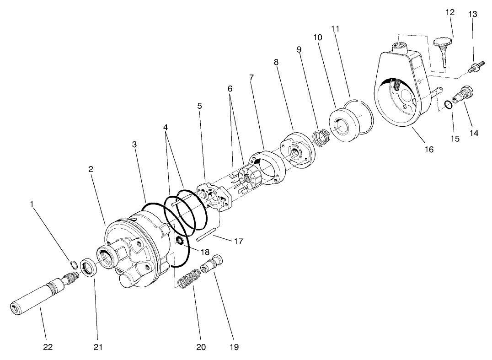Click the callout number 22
coord(48,347)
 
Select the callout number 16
coord(428,149)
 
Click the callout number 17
coord(238,241)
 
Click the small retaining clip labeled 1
coord(73,263)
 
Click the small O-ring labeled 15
coord(449,105)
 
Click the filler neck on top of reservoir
coord(400,46)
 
